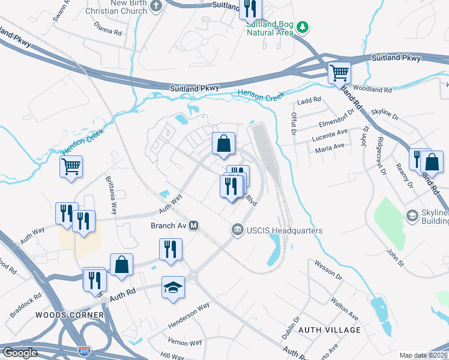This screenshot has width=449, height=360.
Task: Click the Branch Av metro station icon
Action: tap(194, 226)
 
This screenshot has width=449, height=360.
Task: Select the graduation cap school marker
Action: tap(173, 287)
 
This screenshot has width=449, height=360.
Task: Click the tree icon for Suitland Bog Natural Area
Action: tap(304, 26)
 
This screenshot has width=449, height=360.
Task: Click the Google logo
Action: tap(20, 353)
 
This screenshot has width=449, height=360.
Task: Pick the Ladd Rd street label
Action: tap(309, 100)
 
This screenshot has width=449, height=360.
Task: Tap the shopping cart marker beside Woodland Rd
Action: tap(339, 73)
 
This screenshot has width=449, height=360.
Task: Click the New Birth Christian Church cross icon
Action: tap(156, 6)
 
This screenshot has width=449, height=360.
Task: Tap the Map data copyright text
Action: tap(423, 355)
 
